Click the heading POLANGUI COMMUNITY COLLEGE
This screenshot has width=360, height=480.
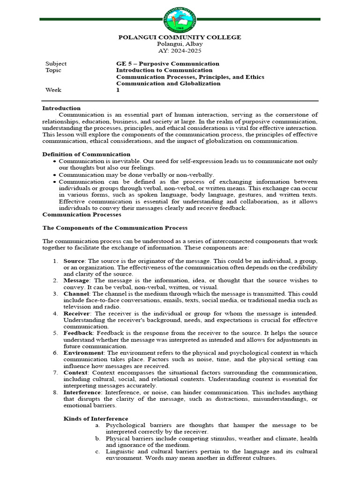click(x=180, y=37)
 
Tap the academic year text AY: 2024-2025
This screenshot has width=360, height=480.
click(x=180, y=51)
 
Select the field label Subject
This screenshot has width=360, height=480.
click(x=56, y=64)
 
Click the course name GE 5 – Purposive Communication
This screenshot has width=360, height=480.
click(x=167, y=64)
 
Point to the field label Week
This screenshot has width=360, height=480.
click(x=53, y=90)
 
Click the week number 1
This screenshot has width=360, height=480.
click(x=118, y=90)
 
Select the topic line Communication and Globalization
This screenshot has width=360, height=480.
click(x=168, y=83)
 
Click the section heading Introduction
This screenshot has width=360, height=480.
click(x=61, y=108)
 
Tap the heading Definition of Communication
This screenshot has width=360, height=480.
click(x=86, y=154)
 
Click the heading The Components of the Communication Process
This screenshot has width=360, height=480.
click(x=115, y=228)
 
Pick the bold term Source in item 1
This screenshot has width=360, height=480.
click(x=74, y=261)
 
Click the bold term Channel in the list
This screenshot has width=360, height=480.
click(x=75, y=293)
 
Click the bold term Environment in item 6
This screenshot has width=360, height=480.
click(x=83, y=352)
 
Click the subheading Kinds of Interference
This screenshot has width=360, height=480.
click(x=96, y=419)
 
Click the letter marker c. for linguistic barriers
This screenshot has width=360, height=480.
click(x=97, y=451)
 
